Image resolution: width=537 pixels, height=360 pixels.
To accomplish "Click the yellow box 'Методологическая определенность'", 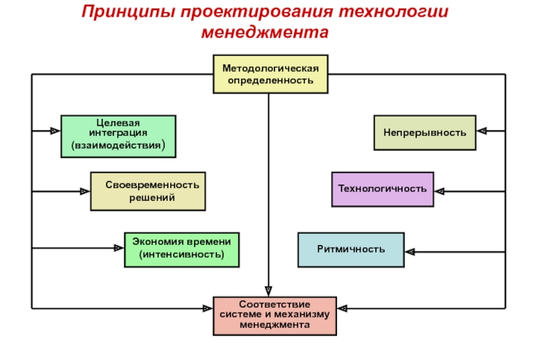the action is (x=271, y=74).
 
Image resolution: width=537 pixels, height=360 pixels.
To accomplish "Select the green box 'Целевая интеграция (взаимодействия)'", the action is (x=119, y=136).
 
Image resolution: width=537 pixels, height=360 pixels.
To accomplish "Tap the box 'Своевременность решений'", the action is (x=148, y=191).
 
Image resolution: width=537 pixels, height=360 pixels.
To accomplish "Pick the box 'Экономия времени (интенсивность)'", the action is (x=182, y=250).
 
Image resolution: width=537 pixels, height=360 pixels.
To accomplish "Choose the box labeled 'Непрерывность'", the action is (x=425, y=132).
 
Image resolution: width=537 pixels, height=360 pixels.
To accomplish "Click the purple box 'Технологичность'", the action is (x=383, y=189).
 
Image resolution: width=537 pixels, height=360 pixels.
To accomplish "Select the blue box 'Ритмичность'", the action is (x=351, y=250).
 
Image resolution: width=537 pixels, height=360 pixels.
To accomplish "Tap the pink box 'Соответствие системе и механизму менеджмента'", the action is (x=275, y=316).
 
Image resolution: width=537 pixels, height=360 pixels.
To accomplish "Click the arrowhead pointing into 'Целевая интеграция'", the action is (x=55, y=131).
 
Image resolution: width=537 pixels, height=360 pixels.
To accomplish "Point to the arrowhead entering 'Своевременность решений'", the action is (x=85, y=191).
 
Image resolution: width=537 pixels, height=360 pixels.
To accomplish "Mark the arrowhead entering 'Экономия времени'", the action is (x=119, y=248).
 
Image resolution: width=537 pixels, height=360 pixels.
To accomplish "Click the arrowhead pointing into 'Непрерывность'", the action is (x=481, y=131).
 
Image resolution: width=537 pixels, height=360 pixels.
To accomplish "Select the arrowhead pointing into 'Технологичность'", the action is (x=440, y=191).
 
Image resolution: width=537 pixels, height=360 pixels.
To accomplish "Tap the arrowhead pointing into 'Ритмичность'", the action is (x=410, y=252).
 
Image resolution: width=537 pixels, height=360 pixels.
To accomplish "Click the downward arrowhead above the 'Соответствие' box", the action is (x=268, y=291).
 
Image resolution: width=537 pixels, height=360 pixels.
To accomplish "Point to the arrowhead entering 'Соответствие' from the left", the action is (x=207, y=309).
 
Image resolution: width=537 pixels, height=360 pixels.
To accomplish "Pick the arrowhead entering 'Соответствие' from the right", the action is (x=342, y=309).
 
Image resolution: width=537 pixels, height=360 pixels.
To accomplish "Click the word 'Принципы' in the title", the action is (x=129, y=11).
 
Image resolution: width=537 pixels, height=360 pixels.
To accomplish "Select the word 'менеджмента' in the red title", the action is (x=264, y=32).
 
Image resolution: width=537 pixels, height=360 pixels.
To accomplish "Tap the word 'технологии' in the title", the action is (x=393, y=11).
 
